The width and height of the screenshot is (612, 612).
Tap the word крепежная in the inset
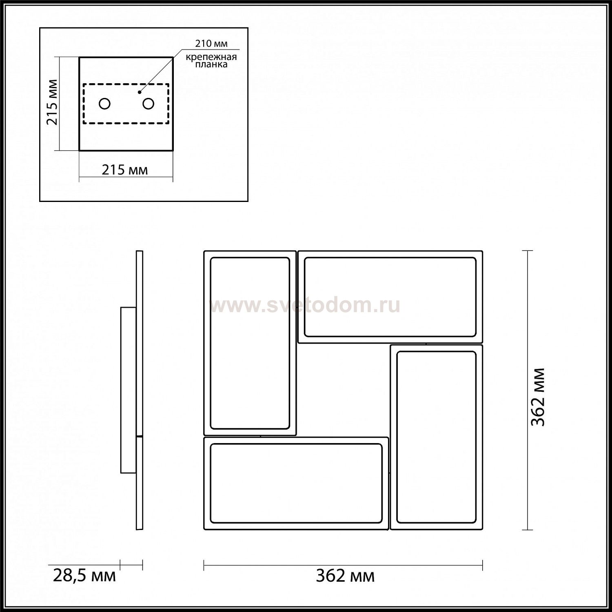[x=211, y=57]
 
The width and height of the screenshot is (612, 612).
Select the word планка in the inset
[x=211, y=64]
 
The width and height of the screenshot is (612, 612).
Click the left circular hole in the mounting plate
[x=104, y=104]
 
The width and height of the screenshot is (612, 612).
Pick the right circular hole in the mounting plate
[x=148, y=104]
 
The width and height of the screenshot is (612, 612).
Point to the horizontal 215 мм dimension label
[x=124, y=169]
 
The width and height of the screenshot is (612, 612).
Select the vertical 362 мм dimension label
[x=537, y=397]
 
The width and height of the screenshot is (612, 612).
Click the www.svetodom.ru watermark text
[x=305, y=306]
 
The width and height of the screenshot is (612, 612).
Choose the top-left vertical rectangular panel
[x=250, y=343]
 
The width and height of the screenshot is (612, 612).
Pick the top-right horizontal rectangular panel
[x=390, y=297]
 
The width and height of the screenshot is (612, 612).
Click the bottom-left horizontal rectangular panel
[x=296, y=483]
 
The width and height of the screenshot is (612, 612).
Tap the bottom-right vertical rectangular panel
[x=437, y=437]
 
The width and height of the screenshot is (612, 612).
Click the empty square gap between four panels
[x=343, y=390]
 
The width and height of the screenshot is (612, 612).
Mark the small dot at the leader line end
[x=140, y=92]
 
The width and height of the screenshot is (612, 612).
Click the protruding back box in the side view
[x=128, y=390]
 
